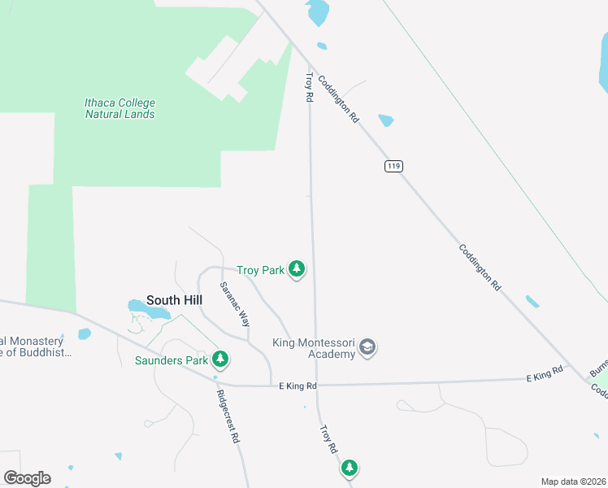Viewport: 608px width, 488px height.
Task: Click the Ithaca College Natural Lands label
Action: pos(119,108)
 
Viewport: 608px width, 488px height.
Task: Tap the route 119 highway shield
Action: pos(393,166)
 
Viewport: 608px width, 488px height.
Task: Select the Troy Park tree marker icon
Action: pos(297,269)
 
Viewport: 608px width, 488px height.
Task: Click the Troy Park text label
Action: pos(259,270)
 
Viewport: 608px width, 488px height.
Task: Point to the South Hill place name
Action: pos(174,300)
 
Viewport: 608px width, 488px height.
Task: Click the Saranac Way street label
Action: pos(234,304)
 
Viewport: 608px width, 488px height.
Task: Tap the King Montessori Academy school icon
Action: pos(367,348)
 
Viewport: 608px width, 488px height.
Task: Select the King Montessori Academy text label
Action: pos(315,348)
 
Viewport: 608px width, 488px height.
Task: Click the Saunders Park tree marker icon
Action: pos(219,358)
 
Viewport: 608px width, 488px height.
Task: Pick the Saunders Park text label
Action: pos(170,359)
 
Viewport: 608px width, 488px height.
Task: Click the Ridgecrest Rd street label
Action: pos(228,419)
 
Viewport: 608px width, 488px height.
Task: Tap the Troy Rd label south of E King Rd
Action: pos(328,440)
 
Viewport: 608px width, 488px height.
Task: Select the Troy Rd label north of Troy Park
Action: pos(309,88)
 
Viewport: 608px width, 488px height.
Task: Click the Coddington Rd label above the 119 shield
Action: pos(338,98)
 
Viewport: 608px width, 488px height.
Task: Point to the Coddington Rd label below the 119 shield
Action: pos(478,268)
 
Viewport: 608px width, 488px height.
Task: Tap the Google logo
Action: pos(27,477)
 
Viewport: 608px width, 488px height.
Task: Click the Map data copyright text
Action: pos(572,481)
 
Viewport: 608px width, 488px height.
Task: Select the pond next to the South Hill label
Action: pos(148,308)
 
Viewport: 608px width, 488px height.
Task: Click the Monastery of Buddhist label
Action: pos(36,347)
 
